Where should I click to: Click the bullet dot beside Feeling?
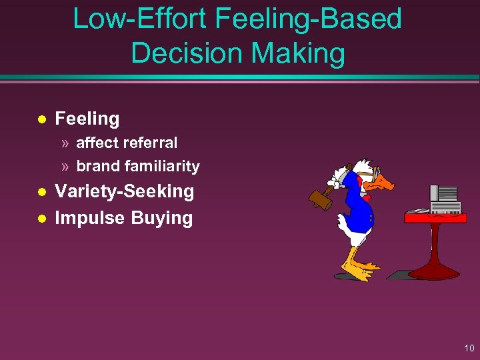[41, 119]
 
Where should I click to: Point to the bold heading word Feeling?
[87, 119]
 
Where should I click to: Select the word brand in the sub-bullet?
[98, 166]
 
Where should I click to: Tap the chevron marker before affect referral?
[64, 143]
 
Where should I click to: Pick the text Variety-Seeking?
[124, 192]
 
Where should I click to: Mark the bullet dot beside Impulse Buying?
[41, 219]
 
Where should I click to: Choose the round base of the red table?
[433, 271]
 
